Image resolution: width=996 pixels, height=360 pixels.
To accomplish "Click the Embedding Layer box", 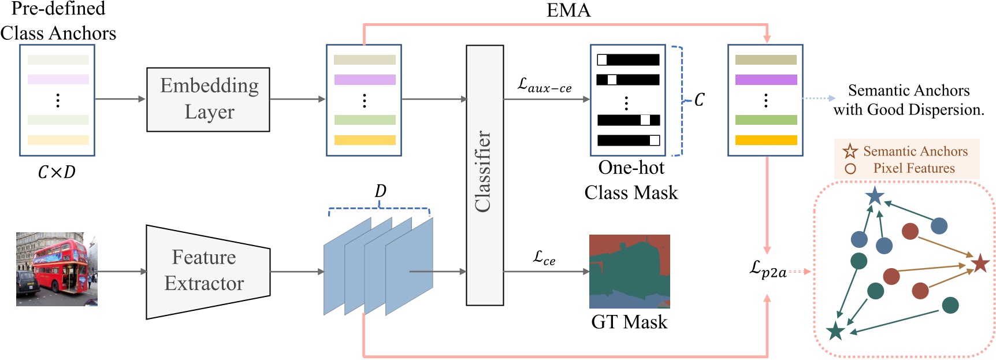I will [x=208, y=99].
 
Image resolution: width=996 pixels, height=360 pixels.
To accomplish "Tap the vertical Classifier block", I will [x=485, y=175].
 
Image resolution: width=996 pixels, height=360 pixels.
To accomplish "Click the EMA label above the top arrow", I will [x=568, y=10].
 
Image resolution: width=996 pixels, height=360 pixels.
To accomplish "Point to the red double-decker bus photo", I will [x=57, y=269].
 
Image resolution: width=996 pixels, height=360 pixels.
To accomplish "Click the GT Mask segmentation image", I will [x=629, y=271].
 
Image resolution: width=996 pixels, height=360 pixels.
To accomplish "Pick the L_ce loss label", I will [x=544, y=258].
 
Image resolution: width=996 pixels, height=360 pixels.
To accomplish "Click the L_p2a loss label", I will [x=768, y=269].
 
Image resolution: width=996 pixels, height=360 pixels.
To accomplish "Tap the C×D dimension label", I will [x=57, y=172].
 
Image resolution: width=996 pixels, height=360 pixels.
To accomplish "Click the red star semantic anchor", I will [x=980, y=263].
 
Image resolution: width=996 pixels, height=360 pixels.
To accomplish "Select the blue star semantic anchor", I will [x=875, y=196].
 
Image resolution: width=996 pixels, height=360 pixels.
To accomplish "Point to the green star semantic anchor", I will [x=835, y=331].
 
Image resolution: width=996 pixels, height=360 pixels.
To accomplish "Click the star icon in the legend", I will [x=850, y=151].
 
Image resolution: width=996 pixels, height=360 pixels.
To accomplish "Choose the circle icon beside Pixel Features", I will [x=850, y=169].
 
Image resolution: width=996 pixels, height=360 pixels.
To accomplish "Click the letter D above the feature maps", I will [x=380, y=191].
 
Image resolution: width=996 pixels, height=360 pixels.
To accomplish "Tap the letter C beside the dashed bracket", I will [x=699, y=100].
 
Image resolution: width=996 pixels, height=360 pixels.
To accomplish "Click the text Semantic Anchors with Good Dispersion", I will [x=908, y=100].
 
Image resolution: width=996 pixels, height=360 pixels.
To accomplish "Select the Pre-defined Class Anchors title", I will [x=58, y=21].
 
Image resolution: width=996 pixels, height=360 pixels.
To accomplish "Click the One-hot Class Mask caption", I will [x=631, y=180].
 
